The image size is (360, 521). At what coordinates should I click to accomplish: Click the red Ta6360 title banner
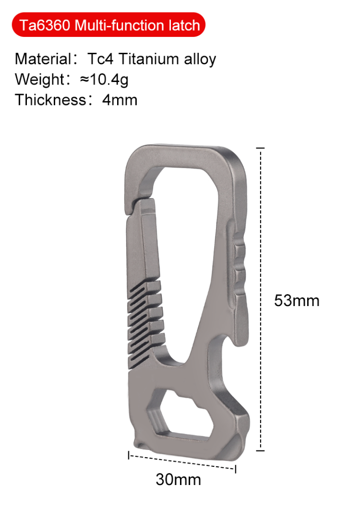tap(109, 25)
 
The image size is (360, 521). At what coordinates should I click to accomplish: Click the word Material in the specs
tap(43, 59)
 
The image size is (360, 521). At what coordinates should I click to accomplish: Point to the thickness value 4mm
tap(120, 100)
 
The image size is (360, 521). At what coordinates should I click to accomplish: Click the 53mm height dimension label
tap(297, 301)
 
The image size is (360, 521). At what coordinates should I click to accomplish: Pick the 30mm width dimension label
tap(178, 479)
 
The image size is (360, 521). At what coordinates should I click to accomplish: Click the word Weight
tap(39, 80)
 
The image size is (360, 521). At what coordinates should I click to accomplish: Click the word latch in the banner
tap(185, 25)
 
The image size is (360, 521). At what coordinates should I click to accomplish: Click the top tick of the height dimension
tap(261, 149)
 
